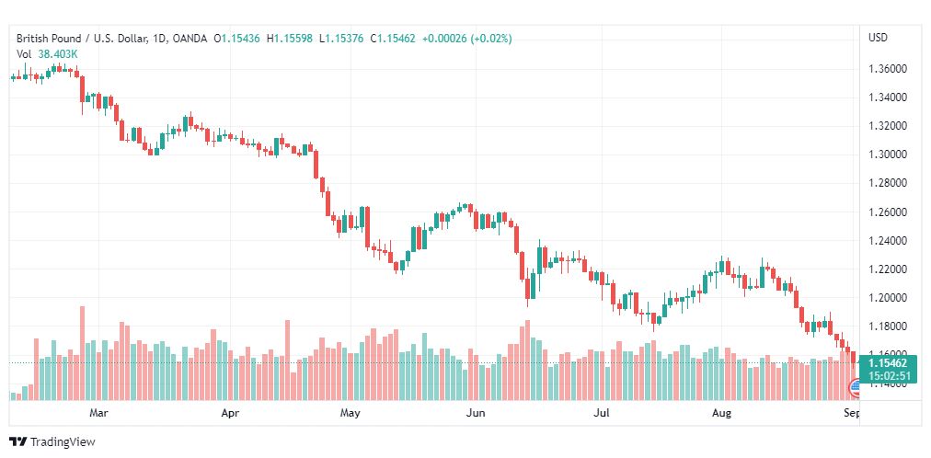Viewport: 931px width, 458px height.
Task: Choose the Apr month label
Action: [x=230, y=414]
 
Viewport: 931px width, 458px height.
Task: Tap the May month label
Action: [x=350, y=414]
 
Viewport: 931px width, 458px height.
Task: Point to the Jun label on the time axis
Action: [x=475, y=414]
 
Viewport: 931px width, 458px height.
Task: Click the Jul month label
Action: [x=601, y=414]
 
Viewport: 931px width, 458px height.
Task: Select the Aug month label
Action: [x=722, y=414]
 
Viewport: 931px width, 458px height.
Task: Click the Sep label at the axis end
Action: [x=851, y=414]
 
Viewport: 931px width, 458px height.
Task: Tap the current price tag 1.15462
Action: [x=888, y=363]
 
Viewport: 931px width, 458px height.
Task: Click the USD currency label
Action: [x=878, y=38]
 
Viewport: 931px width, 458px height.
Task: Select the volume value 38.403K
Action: [x=58, y=54]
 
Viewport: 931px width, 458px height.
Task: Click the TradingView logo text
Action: [x=62, y=442]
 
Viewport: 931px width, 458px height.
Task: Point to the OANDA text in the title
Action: [x=189, y=39]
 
